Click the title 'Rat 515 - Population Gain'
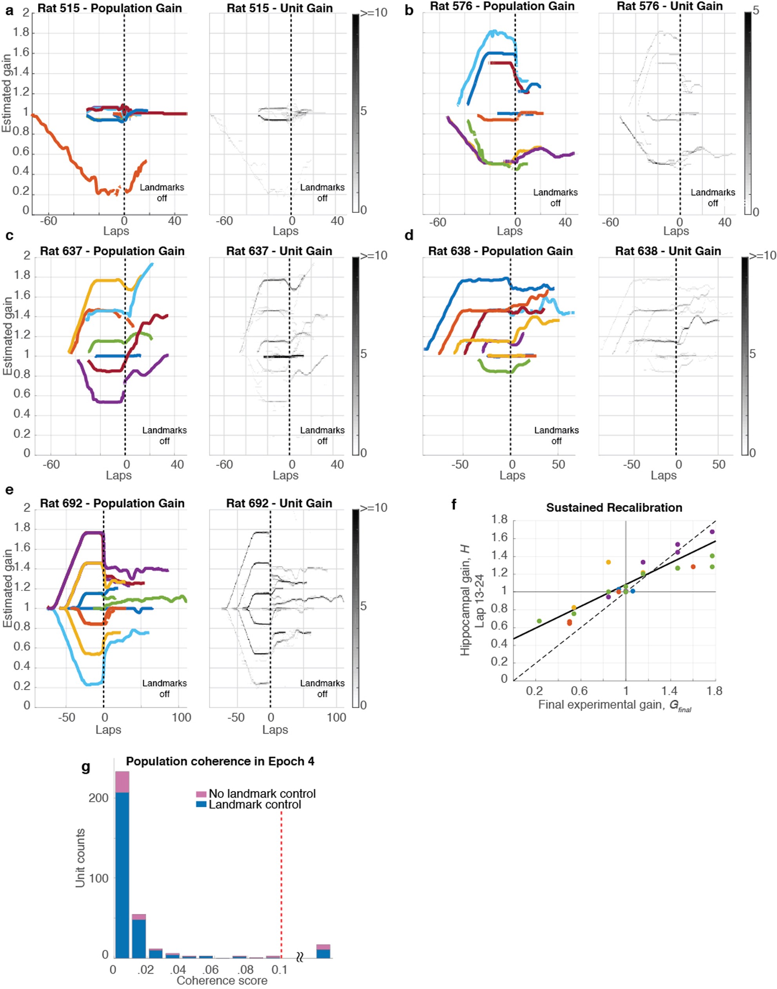pyautogui.click(x=110, y=8)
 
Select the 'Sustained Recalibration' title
pyautogui.click(x=614, y=508)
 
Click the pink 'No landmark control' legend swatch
pyautogui.click(x=201, y=794)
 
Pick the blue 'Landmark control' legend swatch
pyautogui.click(x=201, y=805)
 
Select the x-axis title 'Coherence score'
pyautogui.click(x=221, y=981)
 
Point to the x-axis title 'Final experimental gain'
pyautogui.click(x=615, y=705)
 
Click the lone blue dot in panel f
pyautogui.click(x=632, y=591)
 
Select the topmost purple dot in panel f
pyautogui.click(x=712, y=532)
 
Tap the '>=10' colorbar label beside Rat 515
pyautogui.click(x=374, y=13)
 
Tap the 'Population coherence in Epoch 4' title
pyautogui.click(x=220, y=761)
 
